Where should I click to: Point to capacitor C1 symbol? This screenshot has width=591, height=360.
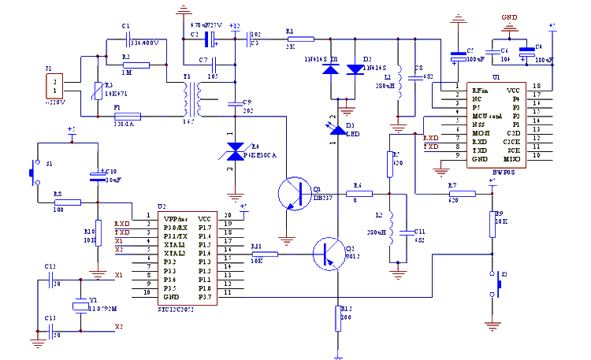tap(127, 43)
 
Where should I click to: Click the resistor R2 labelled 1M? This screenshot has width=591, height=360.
tap(136, 65)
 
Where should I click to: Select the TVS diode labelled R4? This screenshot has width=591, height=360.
tap(234, 155)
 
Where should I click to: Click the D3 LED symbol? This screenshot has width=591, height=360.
tap(337, 126)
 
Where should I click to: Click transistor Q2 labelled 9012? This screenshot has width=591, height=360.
tap(329, 253)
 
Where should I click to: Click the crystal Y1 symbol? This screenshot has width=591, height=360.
tap(80, 306)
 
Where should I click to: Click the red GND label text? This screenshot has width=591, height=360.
tap(509, 17)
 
